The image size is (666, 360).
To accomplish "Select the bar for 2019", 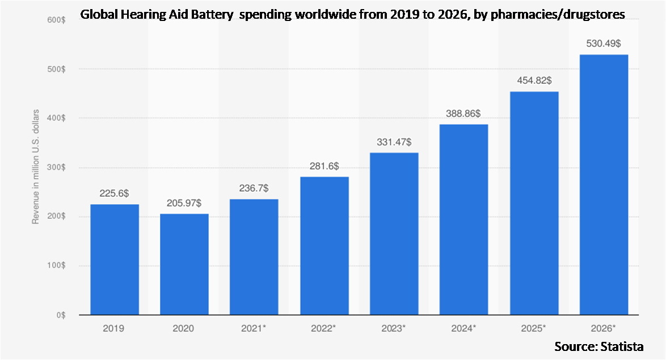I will [x=115, y=259].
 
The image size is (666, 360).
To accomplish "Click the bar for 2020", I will [x=184, y=264].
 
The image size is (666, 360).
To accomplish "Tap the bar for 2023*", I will [x=394, y=233].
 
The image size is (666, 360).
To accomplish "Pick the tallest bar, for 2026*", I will [x=604, y=184].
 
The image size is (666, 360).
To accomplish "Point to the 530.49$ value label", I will [x=604, y=43].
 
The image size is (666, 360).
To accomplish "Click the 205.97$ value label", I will [x=184, y=202].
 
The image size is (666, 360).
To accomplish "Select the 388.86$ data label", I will [x=463, y=113].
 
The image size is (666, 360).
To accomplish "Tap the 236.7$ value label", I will [x=254, y=188].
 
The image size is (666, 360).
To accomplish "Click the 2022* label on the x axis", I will [x=324, y=328].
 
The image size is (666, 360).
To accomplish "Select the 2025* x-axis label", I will [x=534, y=328].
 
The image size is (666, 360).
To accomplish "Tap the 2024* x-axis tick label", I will [x=463, y=328].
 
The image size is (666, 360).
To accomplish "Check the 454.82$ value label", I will [x=534, y=81].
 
